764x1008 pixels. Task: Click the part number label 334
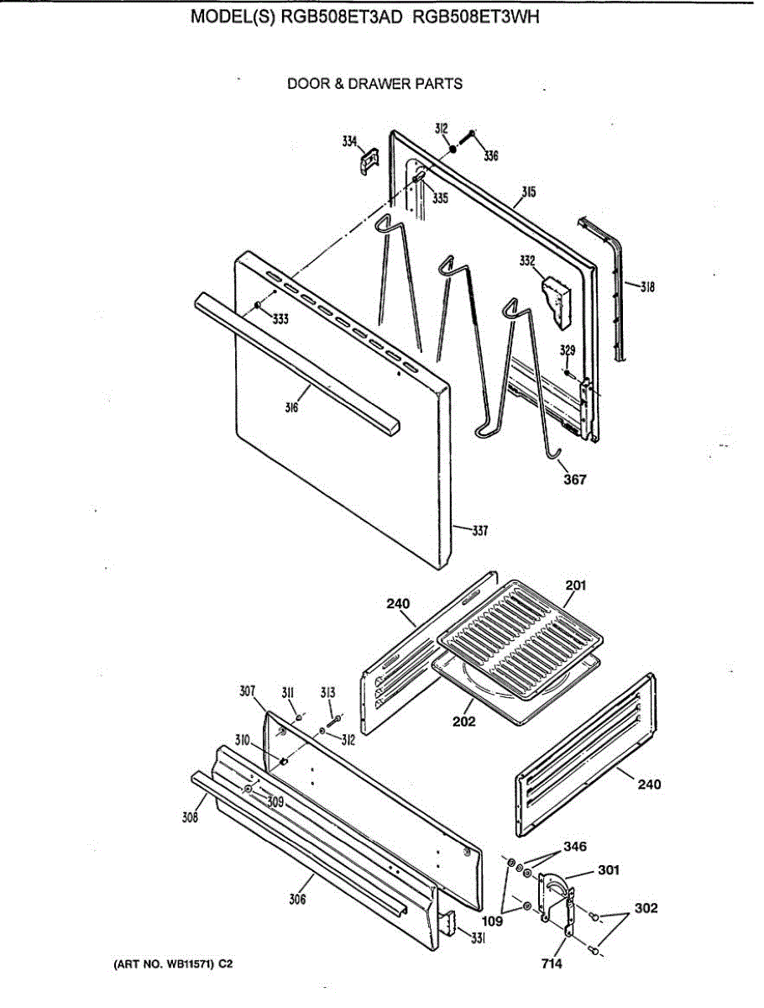click(348, 142)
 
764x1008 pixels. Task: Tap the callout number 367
click(574, 480)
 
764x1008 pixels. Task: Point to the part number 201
click(576, 585)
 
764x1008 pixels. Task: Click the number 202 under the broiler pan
click(463, 722)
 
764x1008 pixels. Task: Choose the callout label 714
click(552, 964)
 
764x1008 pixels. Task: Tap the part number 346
click(574, 847)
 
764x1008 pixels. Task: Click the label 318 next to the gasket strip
click(646, 287)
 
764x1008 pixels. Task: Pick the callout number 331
click(478, 939)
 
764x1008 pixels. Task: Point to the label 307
click(247, 691)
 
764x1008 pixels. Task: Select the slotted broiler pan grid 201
click(521, 638)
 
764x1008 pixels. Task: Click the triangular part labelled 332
click(556, 298)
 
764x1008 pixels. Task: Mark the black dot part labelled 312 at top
click(452, 148)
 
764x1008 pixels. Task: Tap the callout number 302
click(646, 908)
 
